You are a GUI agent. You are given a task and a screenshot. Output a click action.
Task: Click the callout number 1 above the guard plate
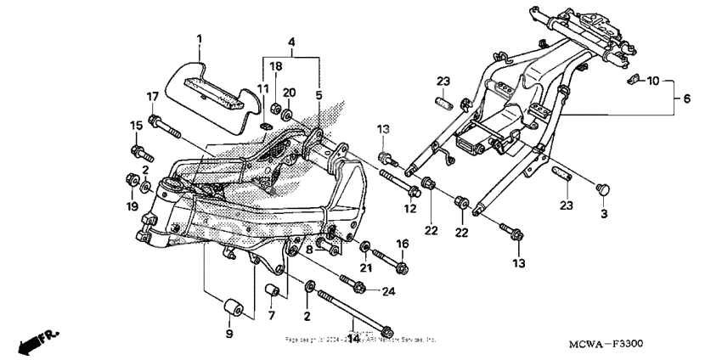click(200, 39)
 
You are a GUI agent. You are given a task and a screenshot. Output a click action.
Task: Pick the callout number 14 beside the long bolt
click(354, 337)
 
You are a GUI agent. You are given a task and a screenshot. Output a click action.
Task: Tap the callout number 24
click(390, 291)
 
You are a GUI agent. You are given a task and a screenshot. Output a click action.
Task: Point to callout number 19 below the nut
click(132, 206)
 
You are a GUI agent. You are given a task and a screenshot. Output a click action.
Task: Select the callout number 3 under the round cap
click(605, 215)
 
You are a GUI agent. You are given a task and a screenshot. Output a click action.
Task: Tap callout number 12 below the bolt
click(409, 208)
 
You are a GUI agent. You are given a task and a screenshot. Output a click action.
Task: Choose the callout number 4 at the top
click(291, 42)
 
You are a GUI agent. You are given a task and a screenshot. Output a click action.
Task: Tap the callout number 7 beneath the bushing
click(273, 316)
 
